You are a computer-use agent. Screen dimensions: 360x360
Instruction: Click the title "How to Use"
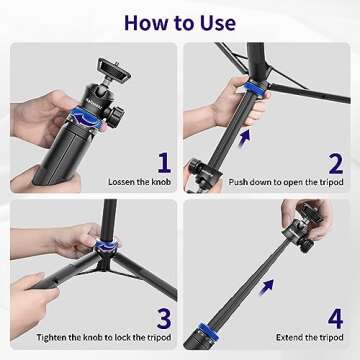point(180,21)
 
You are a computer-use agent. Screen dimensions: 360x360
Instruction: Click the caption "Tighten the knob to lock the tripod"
point(100,339)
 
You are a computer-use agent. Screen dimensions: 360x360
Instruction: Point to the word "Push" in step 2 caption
point(241,182)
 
